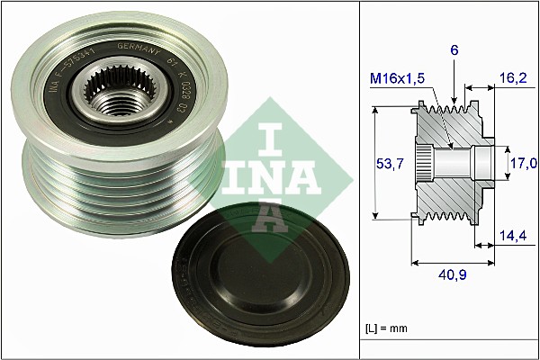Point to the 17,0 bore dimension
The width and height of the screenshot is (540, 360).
pyautogui.click(x=524, y=163)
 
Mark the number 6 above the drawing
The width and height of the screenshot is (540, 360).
pyautogui.click(x=454, y=52)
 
